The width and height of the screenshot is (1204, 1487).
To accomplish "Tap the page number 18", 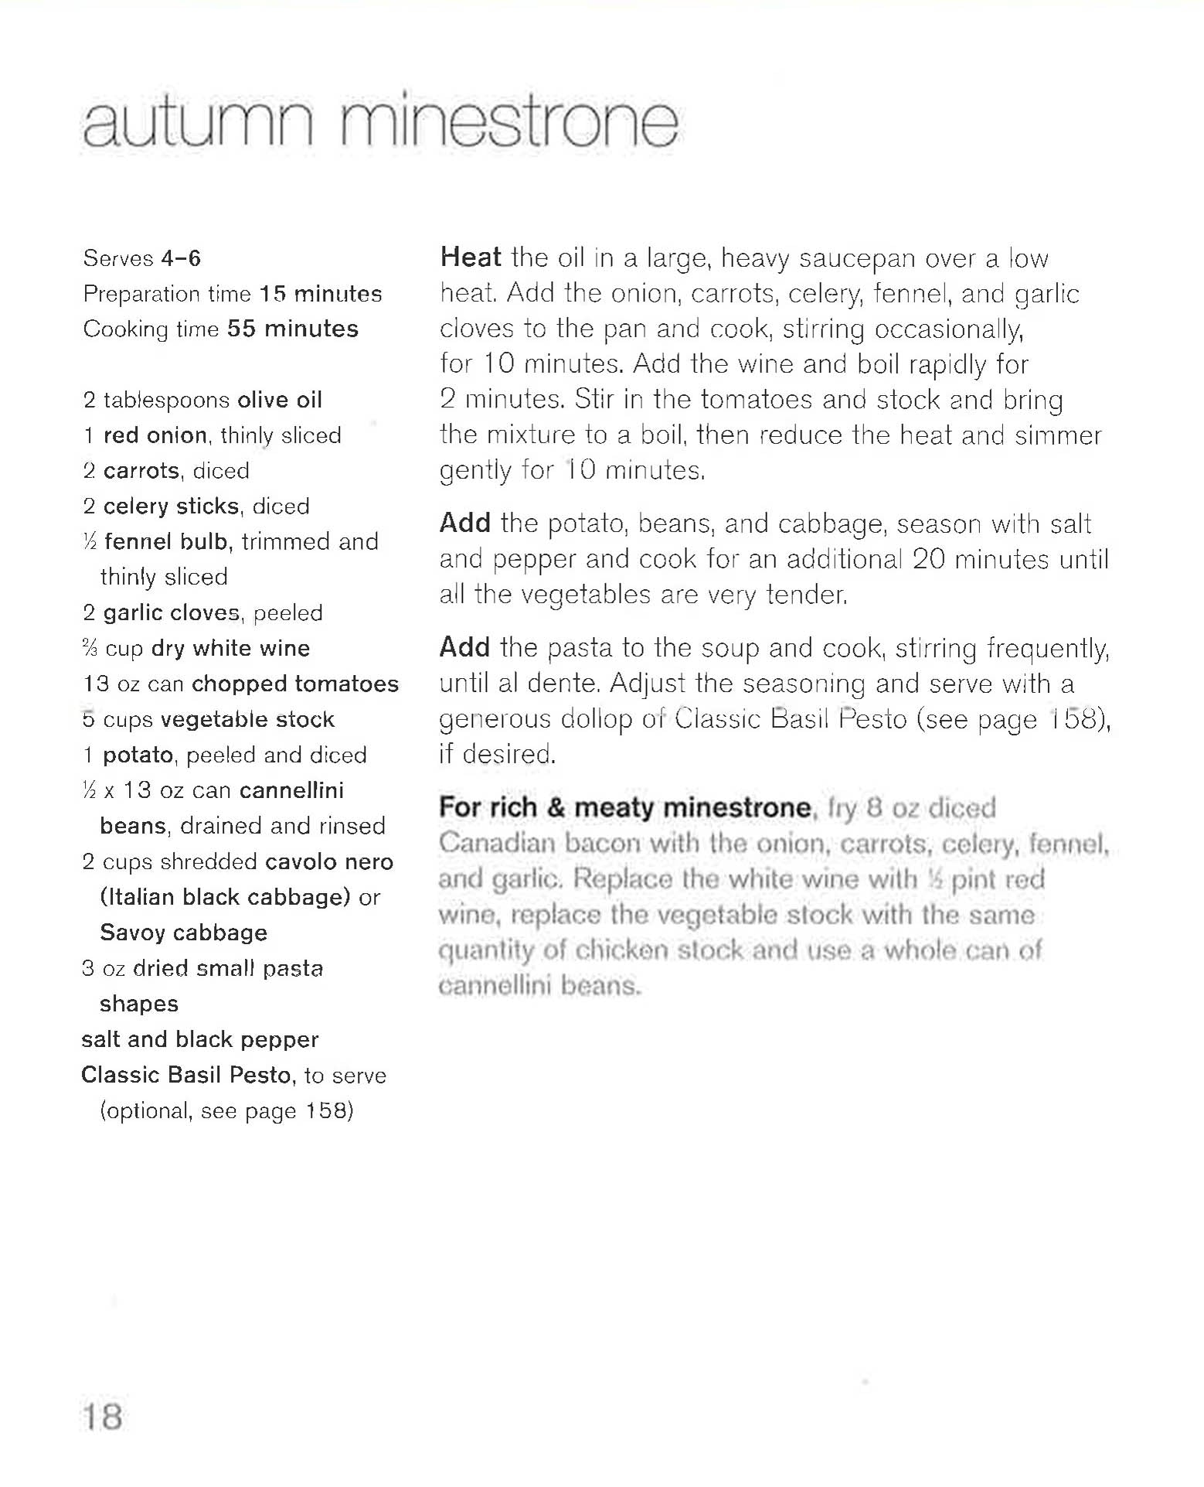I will pyautogui.click(x=103, y=1417).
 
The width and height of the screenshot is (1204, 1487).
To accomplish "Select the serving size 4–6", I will pyautogui.click(x=181, y=258).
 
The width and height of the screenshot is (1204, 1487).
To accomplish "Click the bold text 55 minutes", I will pyautogui.click(x=293, y=329).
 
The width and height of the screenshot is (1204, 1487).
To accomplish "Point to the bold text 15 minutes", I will pyautogui.click(x=321, y=294).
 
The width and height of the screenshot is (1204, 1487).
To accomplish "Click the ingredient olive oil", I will pyautogui.click(x=280, y=400).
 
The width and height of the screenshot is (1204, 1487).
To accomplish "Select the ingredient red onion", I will pyautogui.click(x=155, y=435).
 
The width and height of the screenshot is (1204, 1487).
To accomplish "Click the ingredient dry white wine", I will pyautogui.click(x=230, y=648).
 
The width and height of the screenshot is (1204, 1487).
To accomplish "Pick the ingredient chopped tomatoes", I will pyautogui.click(x=295, y=684).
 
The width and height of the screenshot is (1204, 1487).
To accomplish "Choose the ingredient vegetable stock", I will pyautogui.click(x=247, y=719).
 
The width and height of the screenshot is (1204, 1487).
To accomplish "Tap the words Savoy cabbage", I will pyautogui.click(x=184, y=933).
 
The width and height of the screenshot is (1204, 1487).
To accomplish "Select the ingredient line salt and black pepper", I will pyautogui.click(x=200, y=1039).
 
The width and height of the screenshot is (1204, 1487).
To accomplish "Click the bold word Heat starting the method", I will pyautogui.click(x=471, y=257).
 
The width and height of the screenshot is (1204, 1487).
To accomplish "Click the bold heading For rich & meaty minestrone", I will pyautogui.click(x=625, y=807).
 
